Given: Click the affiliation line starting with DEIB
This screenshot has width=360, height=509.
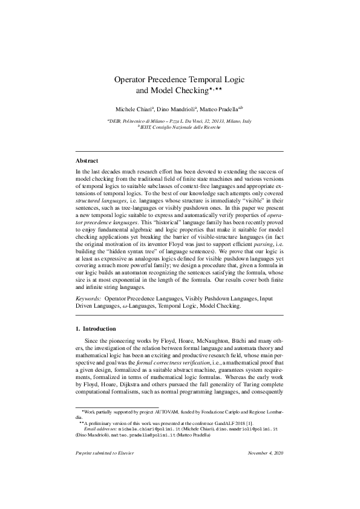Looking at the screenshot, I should point(179,121).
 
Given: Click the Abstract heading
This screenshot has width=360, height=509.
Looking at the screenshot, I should point(87,161).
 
